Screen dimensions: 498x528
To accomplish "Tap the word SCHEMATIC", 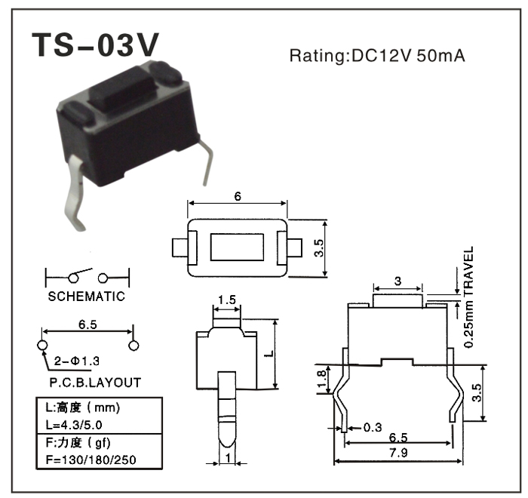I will coord(86,297).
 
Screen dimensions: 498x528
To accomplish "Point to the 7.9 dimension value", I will coord(398,453).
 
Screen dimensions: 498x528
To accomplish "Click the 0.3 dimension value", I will coord(372,427).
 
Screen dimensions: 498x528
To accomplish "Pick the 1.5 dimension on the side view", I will coord(226,300).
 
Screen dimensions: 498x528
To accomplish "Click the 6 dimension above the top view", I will coord(238,196).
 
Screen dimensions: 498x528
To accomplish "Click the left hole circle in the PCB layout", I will coord(41,345).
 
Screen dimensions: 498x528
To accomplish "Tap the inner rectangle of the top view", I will coord(238,247).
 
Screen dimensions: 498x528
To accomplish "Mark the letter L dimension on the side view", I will coord(268,353).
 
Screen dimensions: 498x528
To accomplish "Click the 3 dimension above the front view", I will coord(398,281).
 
